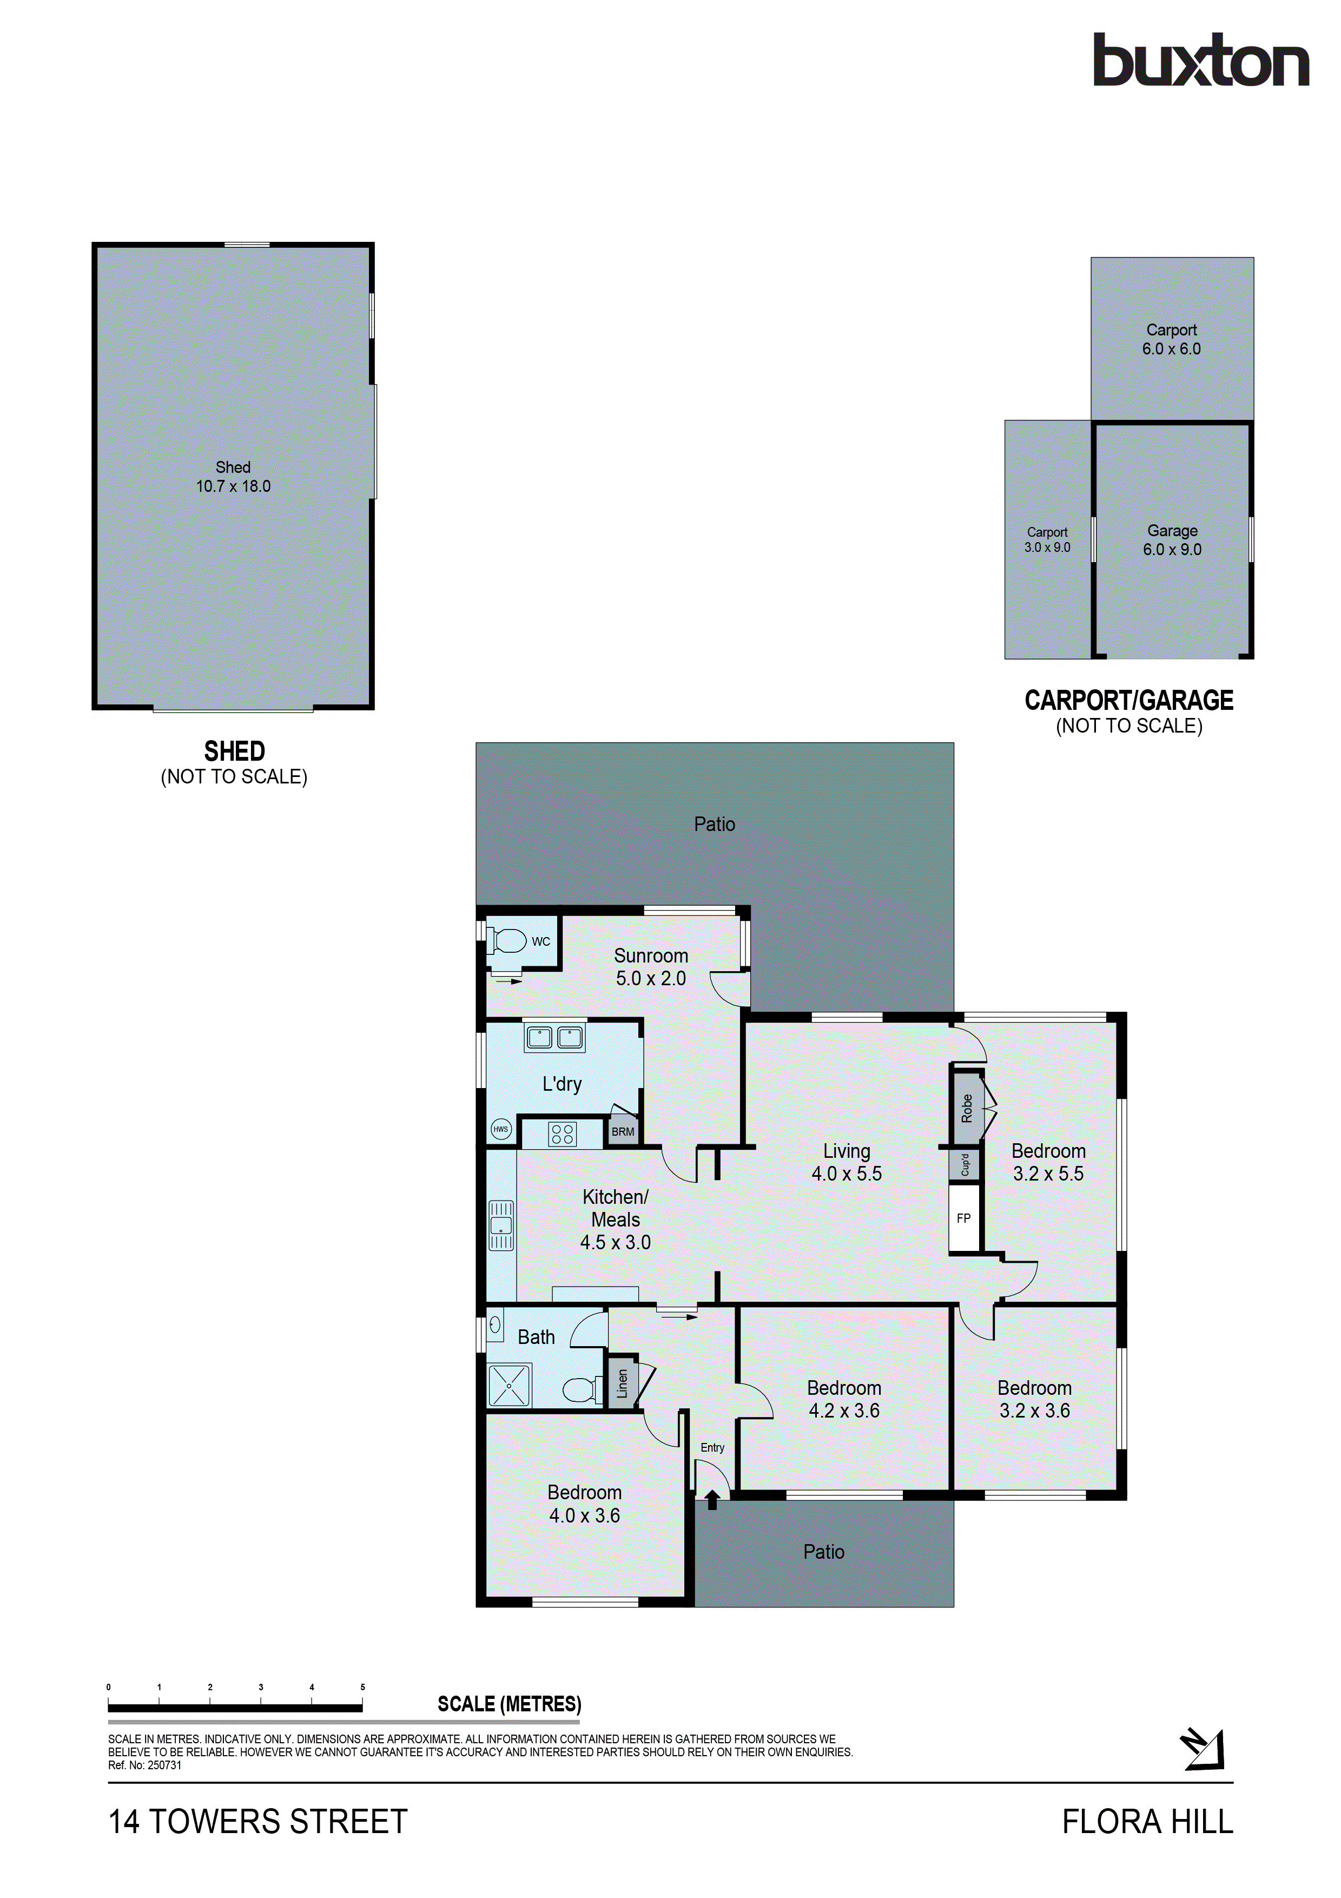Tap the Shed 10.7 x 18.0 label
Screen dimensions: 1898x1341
(233, 477)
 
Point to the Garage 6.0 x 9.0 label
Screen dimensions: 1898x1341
(1172, 540)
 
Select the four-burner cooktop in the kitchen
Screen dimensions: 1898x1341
(563, 1133)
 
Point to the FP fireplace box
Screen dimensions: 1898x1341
(963, 1218)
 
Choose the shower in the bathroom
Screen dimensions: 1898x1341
(509, 1386)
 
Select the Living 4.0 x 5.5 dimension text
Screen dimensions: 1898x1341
(846, 1173)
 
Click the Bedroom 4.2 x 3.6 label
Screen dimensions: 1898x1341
(843, 1399)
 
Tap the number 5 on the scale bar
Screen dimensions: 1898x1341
(362, 1687)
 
